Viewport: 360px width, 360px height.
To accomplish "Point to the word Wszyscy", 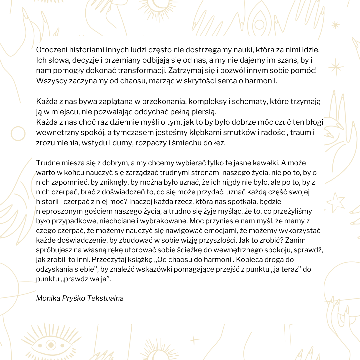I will (49, 81).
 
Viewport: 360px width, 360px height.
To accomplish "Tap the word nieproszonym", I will (58, 211).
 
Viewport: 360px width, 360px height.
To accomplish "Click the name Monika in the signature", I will (48, 298).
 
